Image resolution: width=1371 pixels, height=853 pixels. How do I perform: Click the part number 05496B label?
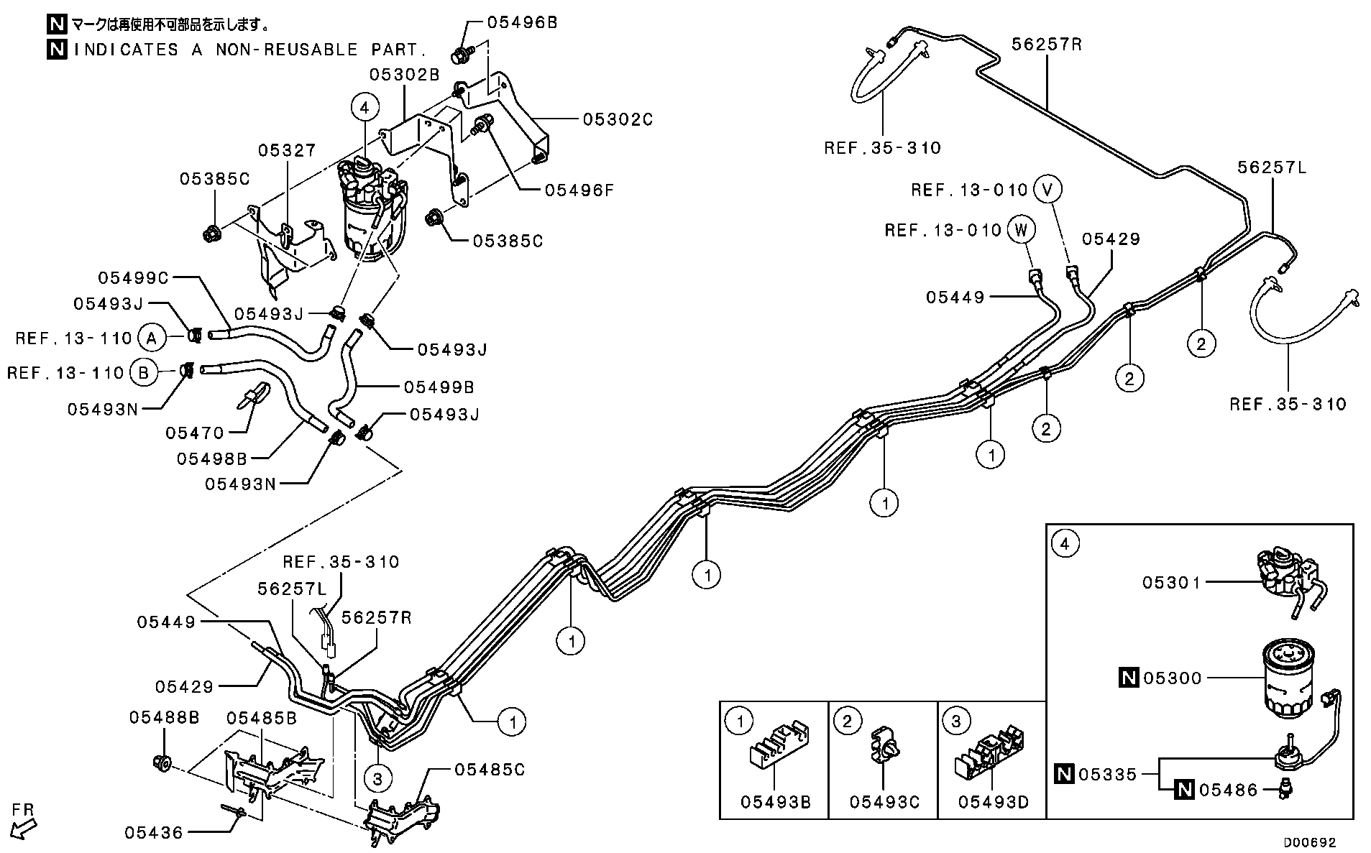point(522,22)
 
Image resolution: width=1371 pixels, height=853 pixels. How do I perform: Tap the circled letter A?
point(150,337)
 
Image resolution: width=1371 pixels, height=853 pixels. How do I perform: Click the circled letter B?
point(142,373)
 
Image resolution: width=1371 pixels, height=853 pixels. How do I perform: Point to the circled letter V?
point(1047,190)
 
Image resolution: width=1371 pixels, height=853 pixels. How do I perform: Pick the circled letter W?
point(1021,230)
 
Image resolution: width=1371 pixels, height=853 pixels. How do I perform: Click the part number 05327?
point(287,150)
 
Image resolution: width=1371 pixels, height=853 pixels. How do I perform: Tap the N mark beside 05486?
point(1183,790)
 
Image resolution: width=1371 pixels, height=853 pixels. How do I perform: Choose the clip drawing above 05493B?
point(778,744)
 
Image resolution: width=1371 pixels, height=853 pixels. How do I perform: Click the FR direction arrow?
point(23,828)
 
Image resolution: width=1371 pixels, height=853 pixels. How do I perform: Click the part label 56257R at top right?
point(1047,44)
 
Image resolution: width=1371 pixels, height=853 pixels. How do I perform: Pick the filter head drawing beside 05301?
point(1290,581)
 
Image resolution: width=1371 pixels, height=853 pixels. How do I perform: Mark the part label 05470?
point(195,433)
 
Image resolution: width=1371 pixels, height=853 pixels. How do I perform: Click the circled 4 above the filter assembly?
point(364,108)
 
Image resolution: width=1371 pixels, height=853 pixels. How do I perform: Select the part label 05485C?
point(489,770)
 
